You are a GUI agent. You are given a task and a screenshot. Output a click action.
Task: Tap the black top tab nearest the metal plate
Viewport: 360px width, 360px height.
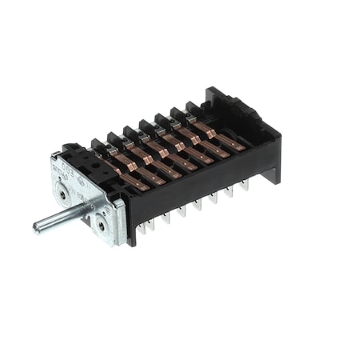[x=98, y=144]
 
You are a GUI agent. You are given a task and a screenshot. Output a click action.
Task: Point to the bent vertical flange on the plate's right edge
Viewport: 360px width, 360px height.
[x=119, y=219]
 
